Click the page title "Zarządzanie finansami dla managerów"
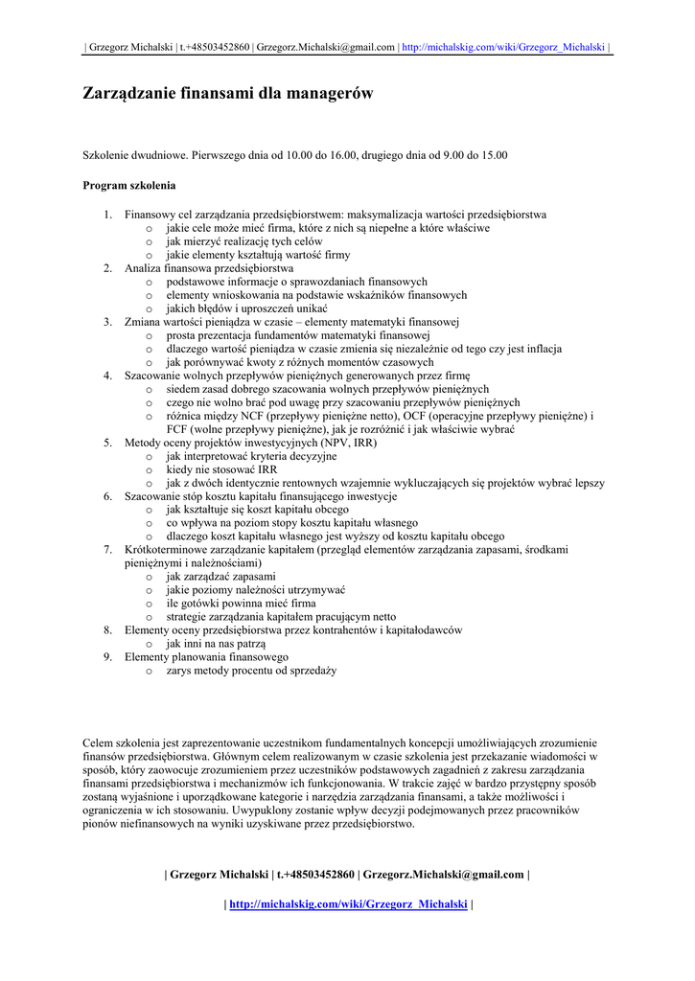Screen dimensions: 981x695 click(x=227, y=94)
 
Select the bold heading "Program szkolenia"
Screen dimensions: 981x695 click(x=128, y=185)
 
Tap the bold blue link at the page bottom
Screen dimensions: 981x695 click(x=348, y=903)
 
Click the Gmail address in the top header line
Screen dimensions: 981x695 click(x=326, y=47)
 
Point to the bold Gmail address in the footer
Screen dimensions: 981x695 click(x=443, y=874)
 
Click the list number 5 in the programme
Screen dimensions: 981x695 click(x=107, y=444)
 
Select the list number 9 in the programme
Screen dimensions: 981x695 click(x=107, y=658)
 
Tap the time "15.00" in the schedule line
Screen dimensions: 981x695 click(x=493, y=154)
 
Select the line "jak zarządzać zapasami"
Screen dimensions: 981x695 click(x=220, y=578)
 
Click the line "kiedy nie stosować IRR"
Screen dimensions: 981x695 click(x=221, y=470)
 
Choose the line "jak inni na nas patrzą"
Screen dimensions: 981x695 click(x=216, y=645)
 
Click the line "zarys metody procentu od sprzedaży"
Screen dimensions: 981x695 click(x=251, y=672)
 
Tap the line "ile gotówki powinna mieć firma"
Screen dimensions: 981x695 click(x=241, y=605)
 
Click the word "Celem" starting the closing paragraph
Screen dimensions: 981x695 click(x=98, y=742)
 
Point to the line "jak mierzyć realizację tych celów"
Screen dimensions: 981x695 click(x=243, y=242)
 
